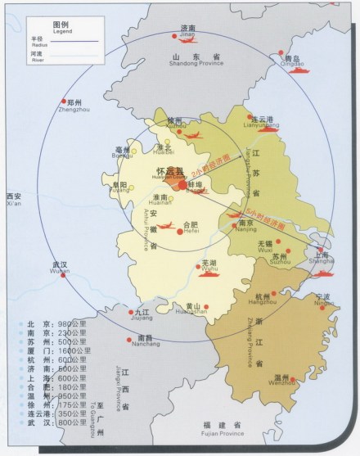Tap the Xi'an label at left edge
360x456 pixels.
click(13, 200)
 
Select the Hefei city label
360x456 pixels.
click(190, 228)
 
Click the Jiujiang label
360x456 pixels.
click(142, 314)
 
